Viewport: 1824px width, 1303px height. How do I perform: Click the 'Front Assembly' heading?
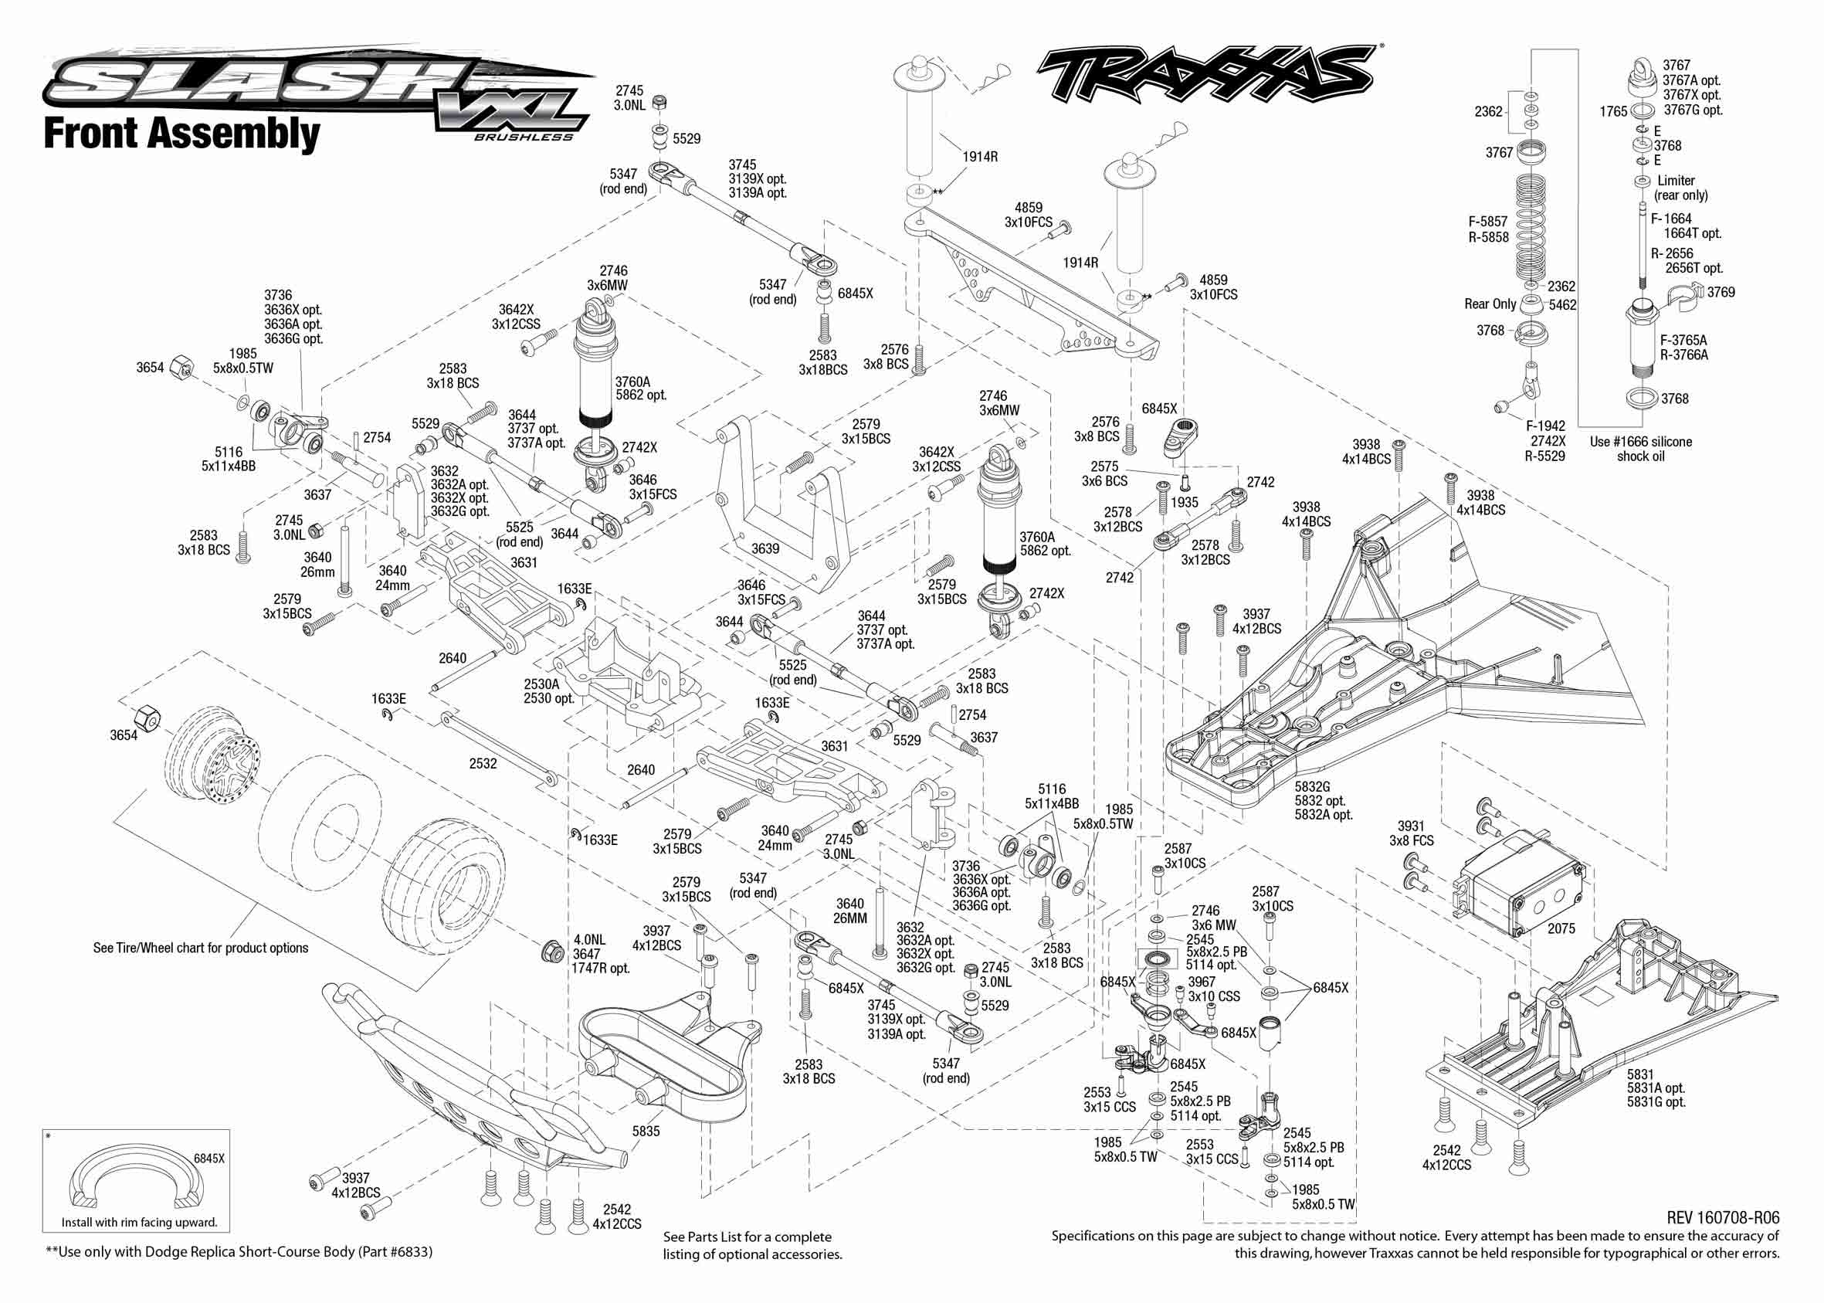[x=181, y=134]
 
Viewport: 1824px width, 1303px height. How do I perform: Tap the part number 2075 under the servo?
[x=1561, y=928]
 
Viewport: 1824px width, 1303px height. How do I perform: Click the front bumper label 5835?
[x=646, y=1132]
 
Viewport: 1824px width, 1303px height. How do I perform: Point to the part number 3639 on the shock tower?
[x=765, y=549]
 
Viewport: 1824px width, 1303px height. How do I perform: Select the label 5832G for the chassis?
[x=1312, y=787]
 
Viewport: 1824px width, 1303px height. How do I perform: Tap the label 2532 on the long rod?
[x=483, y=764]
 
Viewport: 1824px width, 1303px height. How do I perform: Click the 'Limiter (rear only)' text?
[x=1680, y=188]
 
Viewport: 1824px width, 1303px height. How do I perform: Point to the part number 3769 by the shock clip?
[x=1721, y=293]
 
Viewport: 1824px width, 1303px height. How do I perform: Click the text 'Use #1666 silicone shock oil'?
[x=1640, y=449]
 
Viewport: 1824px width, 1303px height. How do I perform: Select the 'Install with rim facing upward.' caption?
[x=140, y=1223]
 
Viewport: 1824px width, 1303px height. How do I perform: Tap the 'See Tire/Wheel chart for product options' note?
[x=201, y=948]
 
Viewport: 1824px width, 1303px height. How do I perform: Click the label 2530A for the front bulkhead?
[x=541, y=684]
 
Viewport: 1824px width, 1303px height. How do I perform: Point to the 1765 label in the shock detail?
[x=1613, y=111]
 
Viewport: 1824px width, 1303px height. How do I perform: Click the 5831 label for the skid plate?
[x=1640, y=1074]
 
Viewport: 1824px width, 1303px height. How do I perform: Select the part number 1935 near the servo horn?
[x=1184, y=503]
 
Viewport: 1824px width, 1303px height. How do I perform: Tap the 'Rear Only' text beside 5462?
[x=1490, y=304]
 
